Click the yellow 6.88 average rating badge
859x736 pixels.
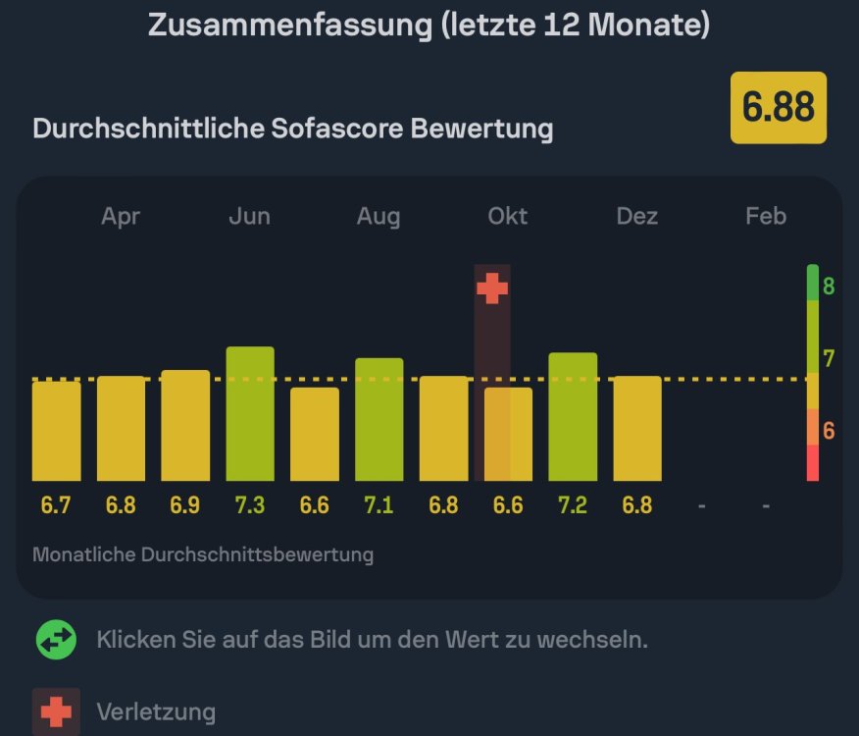779,108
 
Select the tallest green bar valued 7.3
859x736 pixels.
250,413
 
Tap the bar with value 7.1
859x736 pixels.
379,419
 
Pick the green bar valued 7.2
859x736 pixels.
573,416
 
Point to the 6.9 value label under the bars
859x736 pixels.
185,506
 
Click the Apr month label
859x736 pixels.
121,217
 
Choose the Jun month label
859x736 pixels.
249,217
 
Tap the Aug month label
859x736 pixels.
379,217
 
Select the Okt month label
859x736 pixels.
508,217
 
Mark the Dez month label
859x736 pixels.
637,217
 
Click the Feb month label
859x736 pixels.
766,217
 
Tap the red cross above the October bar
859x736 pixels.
492,289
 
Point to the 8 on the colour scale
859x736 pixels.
829,287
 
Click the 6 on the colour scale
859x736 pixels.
829,431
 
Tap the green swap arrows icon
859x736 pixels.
56,640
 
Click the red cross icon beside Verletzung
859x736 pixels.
56,711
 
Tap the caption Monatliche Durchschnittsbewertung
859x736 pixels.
203,554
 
